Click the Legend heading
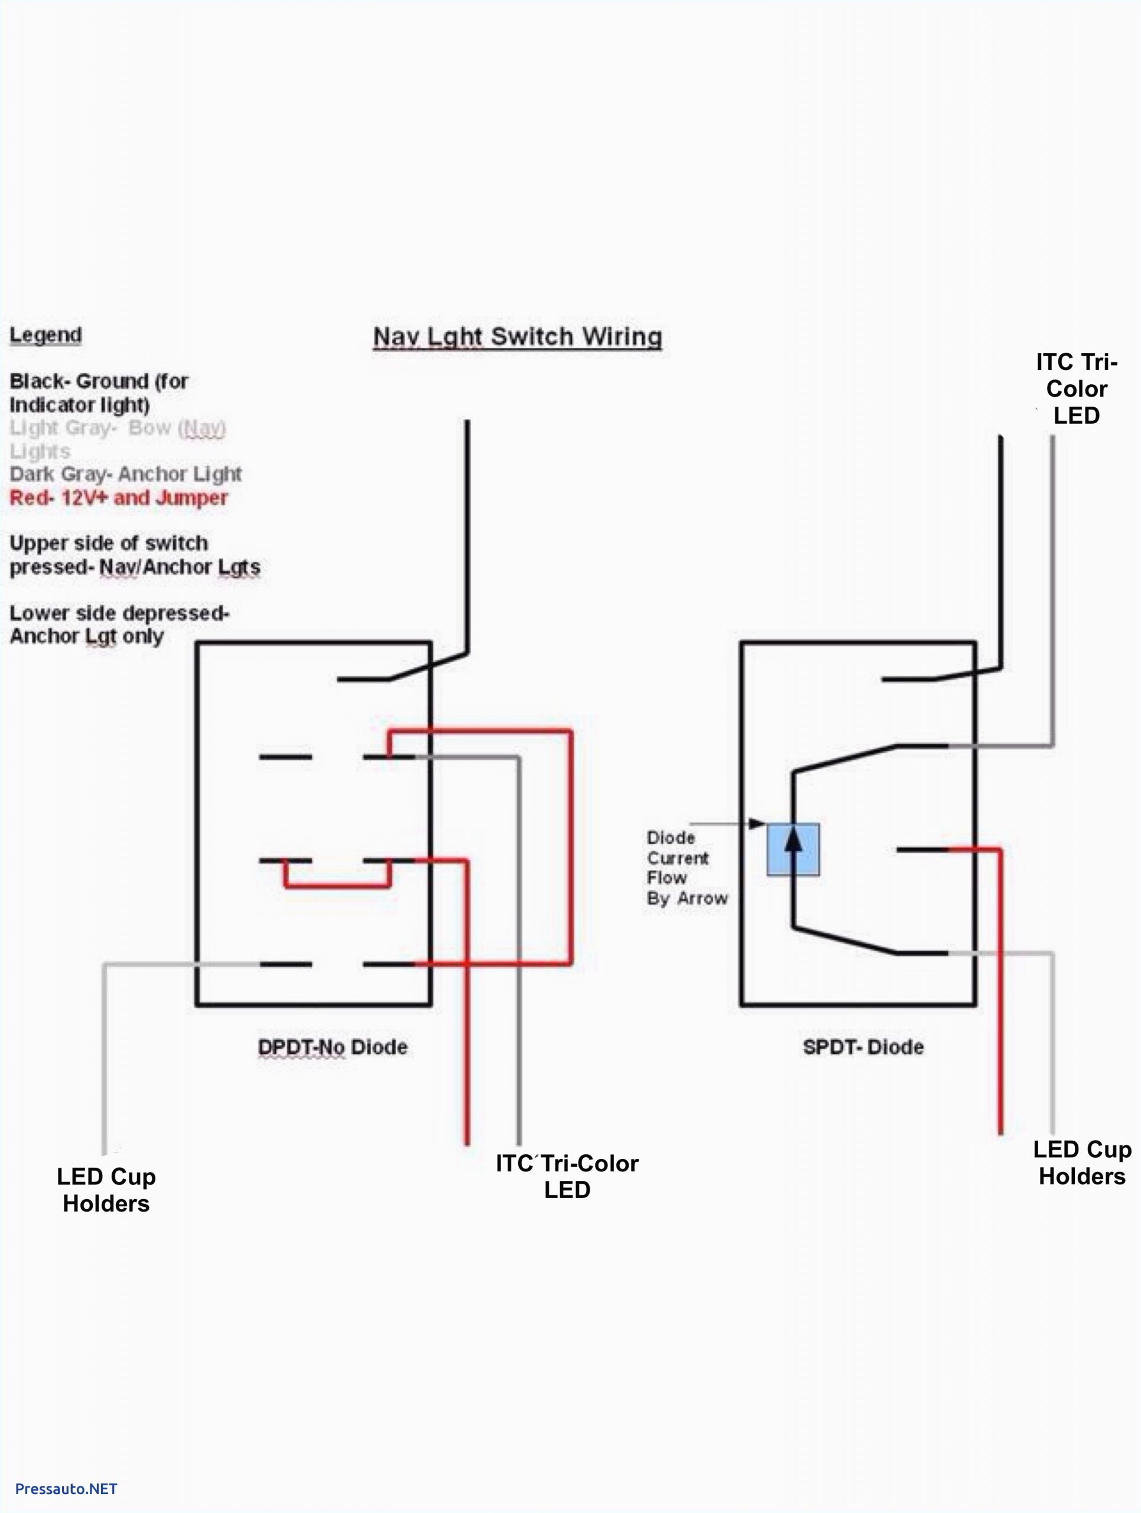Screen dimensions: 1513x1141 46,335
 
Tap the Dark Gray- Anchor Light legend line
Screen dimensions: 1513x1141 125,474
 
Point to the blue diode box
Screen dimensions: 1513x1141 793,849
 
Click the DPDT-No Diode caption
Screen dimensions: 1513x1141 332,1047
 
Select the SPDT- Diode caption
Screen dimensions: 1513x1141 863,1047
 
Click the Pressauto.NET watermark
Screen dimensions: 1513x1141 66,1488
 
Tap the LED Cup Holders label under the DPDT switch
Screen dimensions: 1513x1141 106,1190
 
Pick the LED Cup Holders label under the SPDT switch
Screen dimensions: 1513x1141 1081,1163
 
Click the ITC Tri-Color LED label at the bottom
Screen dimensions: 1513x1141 567,1177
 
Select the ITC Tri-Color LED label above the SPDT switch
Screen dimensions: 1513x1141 1076,388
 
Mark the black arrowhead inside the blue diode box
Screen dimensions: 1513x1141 793,840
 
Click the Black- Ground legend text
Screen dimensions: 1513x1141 99,392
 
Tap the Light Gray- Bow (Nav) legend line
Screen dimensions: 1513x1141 118,439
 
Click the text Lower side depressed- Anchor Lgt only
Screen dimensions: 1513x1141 119,625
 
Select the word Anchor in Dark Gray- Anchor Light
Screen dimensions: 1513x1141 144,474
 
